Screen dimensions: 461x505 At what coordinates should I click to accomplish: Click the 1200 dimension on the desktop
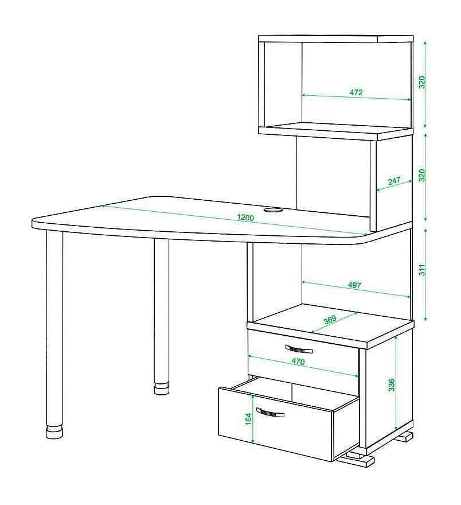245,217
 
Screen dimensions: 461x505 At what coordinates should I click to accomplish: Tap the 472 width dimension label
356,92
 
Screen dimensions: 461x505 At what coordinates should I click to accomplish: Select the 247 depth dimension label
394,181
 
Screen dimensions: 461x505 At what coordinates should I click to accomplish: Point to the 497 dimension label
354,285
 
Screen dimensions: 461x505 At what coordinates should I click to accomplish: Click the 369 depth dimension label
330,320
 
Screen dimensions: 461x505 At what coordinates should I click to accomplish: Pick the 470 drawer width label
298,362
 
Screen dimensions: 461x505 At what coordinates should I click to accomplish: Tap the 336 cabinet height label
391,385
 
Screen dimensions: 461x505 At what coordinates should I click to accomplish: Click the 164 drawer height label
248,419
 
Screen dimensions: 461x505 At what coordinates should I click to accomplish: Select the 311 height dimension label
422,270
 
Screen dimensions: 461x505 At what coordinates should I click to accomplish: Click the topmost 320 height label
422,83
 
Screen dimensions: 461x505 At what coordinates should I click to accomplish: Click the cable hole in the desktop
273,210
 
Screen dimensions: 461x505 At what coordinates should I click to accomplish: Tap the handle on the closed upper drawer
299,349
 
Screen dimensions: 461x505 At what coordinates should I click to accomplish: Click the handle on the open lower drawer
270,412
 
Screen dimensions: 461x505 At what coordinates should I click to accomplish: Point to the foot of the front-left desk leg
54,432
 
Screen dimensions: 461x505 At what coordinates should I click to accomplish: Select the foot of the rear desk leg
162,389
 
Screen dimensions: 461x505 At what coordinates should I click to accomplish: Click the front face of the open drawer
275,424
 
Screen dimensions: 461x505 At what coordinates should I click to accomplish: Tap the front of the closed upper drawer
303,354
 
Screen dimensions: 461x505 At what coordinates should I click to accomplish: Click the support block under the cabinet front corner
355,459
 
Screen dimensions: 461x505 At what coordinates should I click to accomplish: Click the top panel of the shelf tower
335,38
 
